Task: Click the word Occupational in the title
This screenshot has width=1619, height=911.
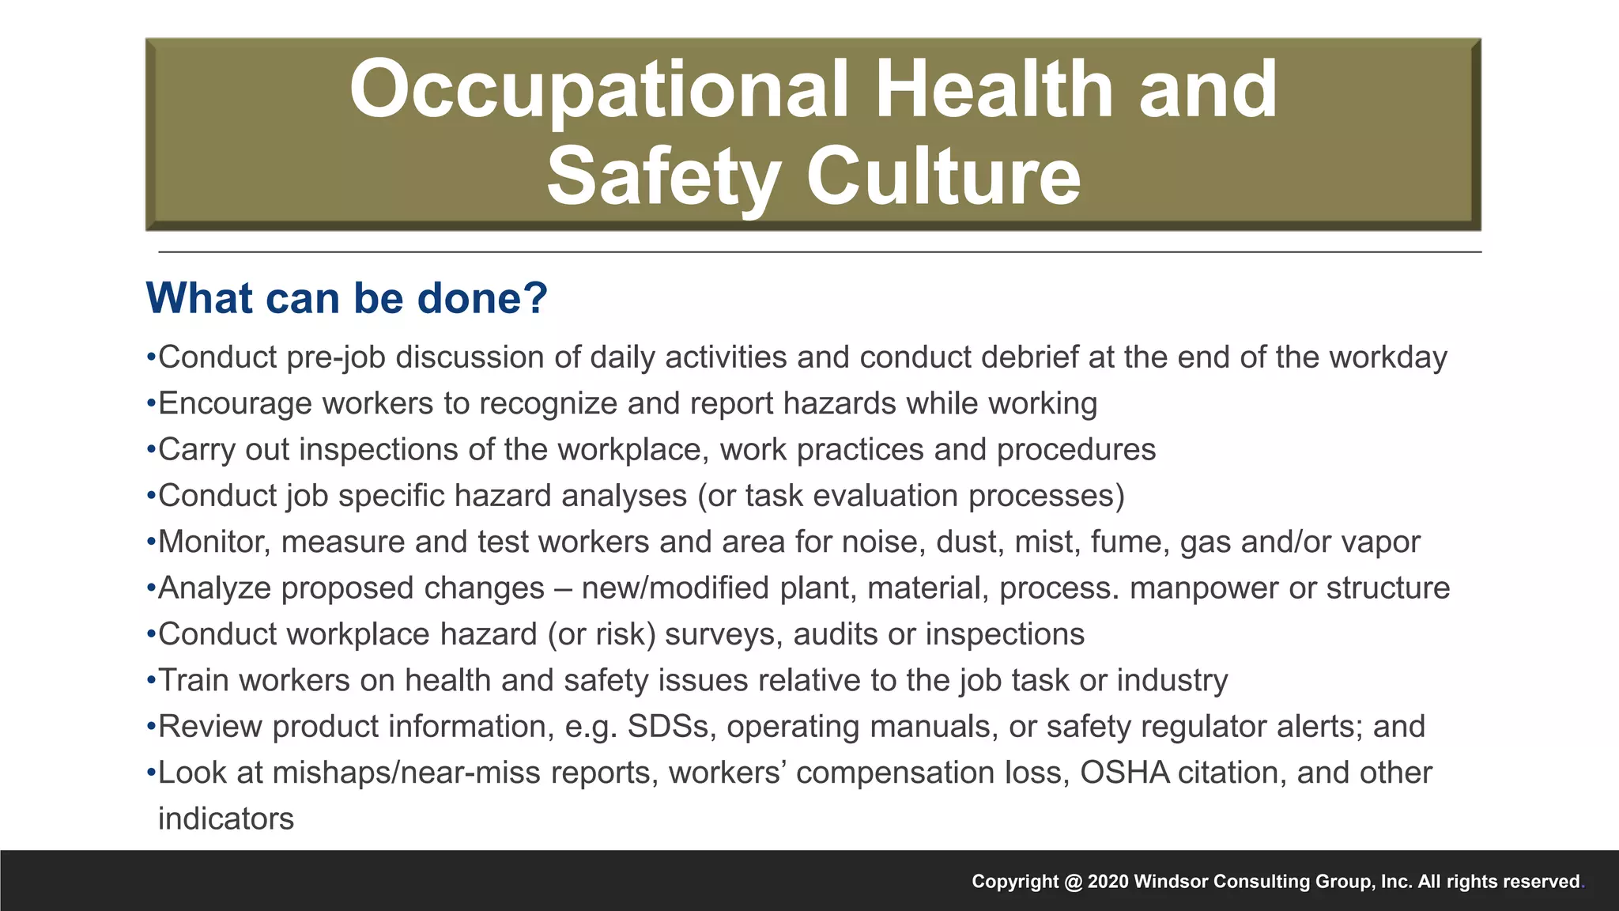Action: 598,91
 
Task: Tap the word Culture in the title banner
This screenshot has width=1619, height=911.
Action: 943,176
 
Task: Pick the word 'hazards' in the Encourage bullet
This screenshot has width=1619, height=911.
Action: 840,403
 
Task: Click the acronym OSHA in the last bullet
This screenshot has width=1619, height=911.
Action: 1124,773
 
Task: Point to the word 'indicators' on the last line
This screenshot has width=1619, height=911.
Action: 226,818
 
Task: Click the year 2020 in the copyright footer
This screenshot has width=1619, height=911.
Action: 1108,882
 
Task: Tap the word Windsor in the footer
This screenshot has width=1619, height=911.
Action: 1170,882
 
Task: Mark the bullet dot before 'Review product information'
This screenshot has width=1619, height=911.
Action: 150,727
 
